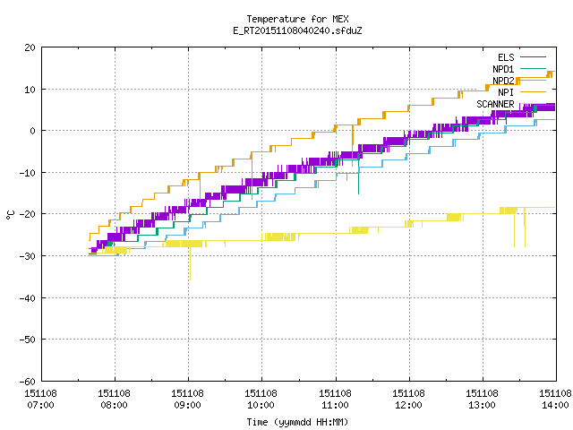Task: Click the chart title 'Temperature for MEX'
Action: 297,19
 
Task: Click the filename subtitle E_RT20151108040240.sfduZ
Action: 297,30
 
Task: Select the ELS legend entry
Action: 522,57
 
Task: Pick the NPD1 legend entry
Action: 519,69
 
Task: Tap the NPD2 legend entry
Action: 519,81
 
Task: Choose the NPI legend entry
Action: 522,92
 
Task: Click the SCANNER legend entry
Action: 511,104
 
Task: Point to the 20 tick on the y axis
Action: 30,47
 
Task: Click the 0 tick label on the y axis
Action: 33,131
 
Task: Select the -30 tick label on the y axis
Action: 28,256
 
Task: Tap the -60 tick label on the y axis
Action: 28,382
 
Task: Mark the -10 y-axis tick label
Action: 28,173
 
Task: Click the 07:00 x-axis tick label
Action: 40,400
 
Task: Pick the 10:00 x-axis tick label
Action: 261,400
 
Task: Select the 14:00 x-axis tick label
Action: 555,400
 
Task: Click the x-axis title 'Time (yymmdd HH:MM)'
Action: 297,422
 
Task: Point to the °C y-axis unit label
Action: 10,215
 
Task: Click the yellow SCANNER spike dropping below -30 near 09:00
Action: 190,263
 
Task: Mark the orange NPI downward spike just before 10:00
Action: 252,176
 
